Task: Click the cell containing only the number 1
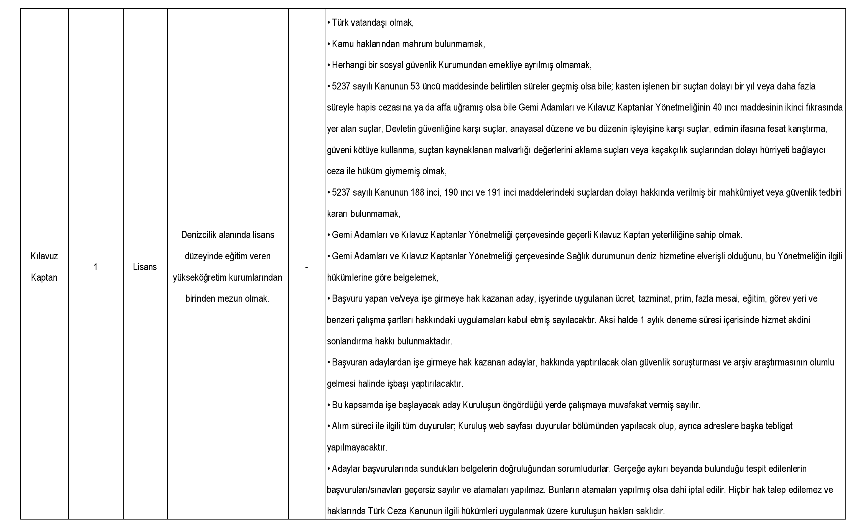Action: [95, 267]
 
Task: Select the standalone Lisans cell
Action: [145, 267]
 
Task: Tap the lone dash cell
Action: [307, 267]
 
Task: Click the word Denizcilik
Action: [199, 235]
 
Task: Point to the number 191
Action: [494, 193]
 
